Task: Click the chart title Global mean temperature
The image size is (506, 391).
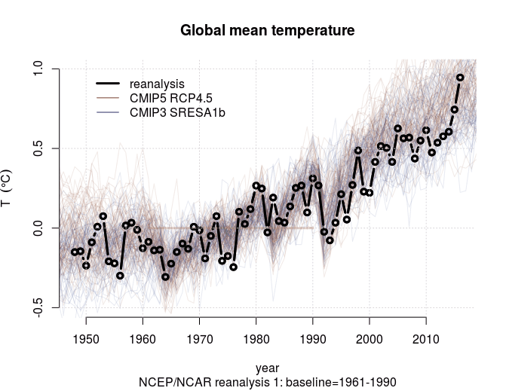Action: [267, 31]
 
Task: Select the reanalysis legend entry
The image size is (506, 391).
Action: [157, 83]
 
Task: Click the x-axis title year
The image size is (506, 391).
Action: [267, 368]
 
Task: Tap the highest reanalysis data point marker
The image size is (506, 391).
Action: [460, 78]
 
